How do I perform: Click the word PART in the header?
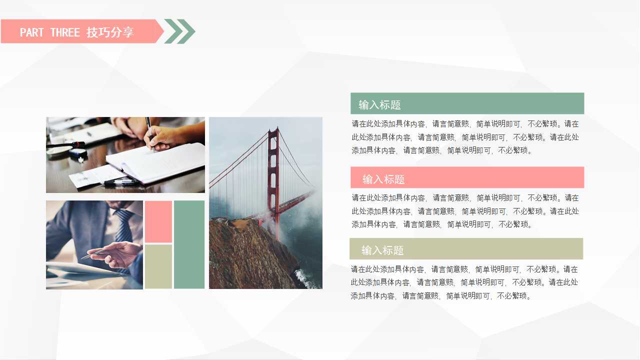(x=32, y=32)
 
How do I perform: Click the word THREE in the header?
(x=65, y=32)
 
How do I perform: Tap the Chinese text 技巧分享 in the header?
(x=110, y=32)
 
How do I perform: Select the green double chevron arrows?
(x=179, y=31)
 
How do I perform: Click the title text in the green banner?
(x=379, y=105)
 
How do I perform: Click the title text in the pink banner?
(x=383, y=179)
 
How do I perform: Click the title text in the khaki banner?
(x=382, y=250)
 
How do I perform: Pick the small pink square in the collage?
(x=158, y=221)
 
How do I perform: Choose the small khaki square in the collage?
(x=158, y=266)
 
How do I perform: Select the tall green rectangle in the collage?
(x=189, y=244)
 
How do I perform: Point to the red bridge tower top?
(x=273, y=132)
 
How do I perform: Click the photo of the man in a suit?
(x=94, y=244)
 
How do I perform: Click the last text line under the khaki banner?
(x=440, y=296)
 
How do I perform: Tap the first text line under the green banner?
(x=465, y=124)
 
